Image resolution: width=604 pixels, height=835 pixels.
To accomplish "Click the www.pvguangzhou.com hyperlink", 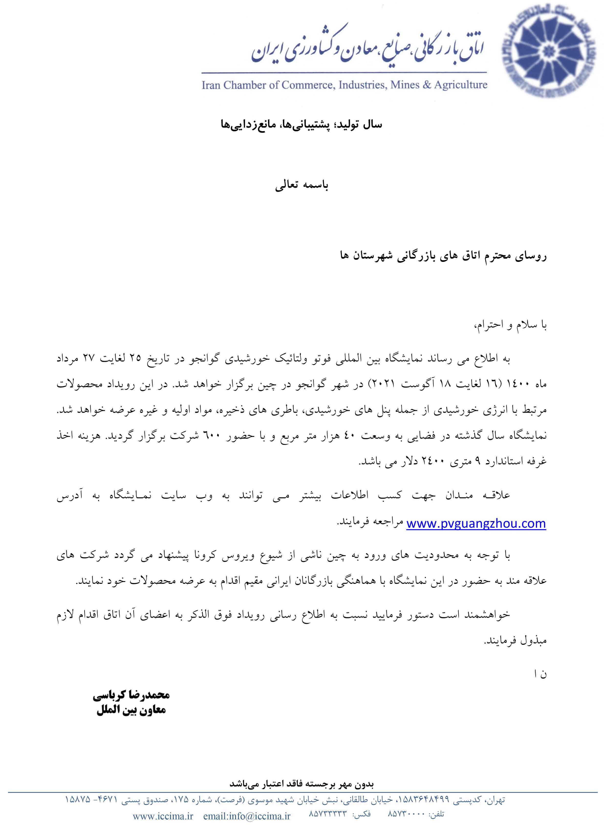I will coord(476,523).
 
